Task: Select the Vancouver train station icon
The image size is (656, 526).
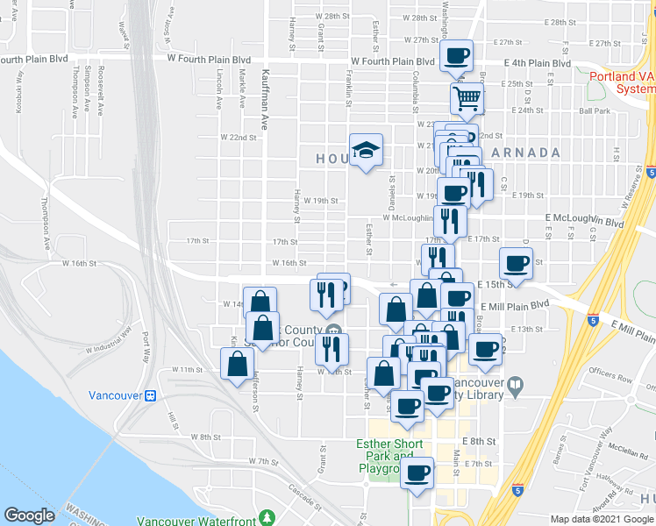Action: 150,395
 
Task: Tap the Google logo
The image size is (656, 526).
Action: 29,515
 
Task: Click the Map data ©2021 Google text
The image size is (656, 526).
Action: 603,519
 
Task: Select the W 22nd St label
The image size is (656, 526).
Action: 239,138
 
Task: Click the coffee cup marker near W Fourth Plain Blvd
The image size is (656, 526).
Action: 455,56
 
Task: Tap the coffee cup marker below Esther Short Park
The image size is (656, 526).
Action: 417,473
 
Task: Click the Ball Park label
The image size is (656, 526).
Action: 594,110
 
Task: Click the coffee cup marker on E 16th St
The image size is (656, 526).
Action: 516,263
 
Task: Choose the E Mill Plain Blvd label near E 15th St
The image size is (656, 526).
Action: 520,303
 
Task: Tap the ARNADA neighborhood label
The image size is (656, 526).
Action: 526,153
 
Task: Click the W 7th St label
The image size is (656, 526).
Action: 262,460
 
